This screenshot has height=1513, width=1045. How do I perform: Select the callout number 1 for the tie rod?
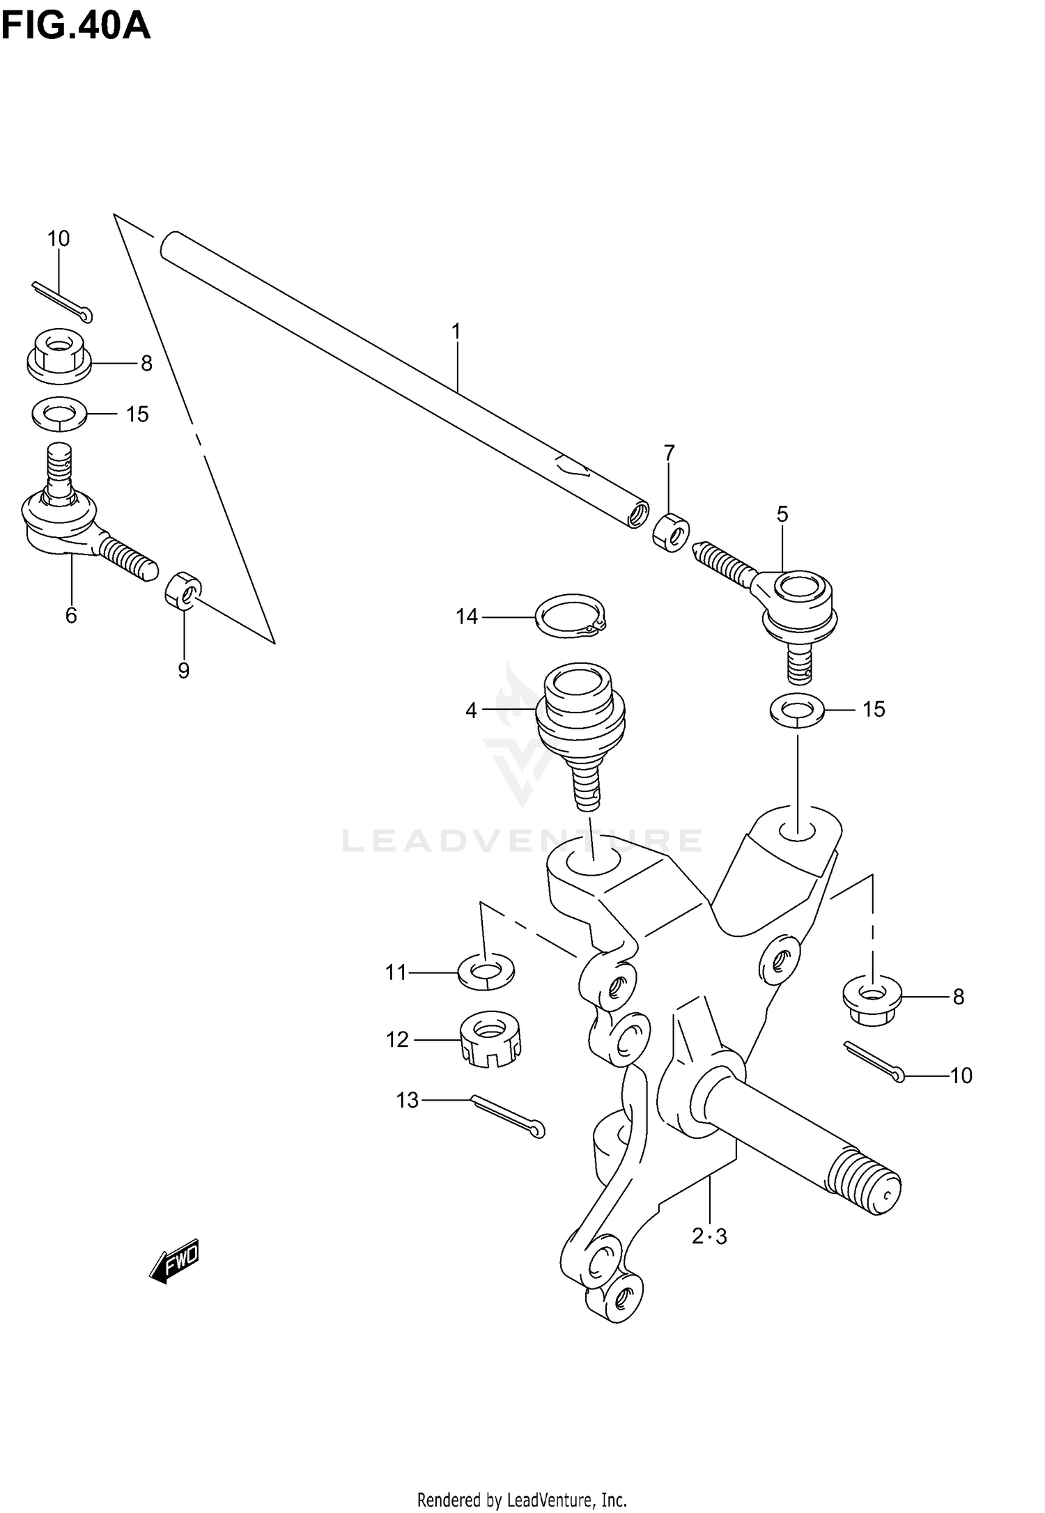pyautogui.click(x=456, y=332)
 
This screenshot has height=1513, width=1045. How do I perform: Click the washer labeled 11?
pyautogui.click(x=486, y=970)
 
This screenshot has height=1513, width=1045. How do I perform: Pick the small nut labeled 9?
pyautogui.click(x=183, y=589)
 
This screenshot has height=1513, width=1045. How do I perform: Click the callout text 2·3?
pyautogui.click(x=709, y=1236)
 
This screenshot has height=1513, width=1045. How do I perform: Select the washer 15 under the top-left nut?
pyautogui.click(x=59, y=414)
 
